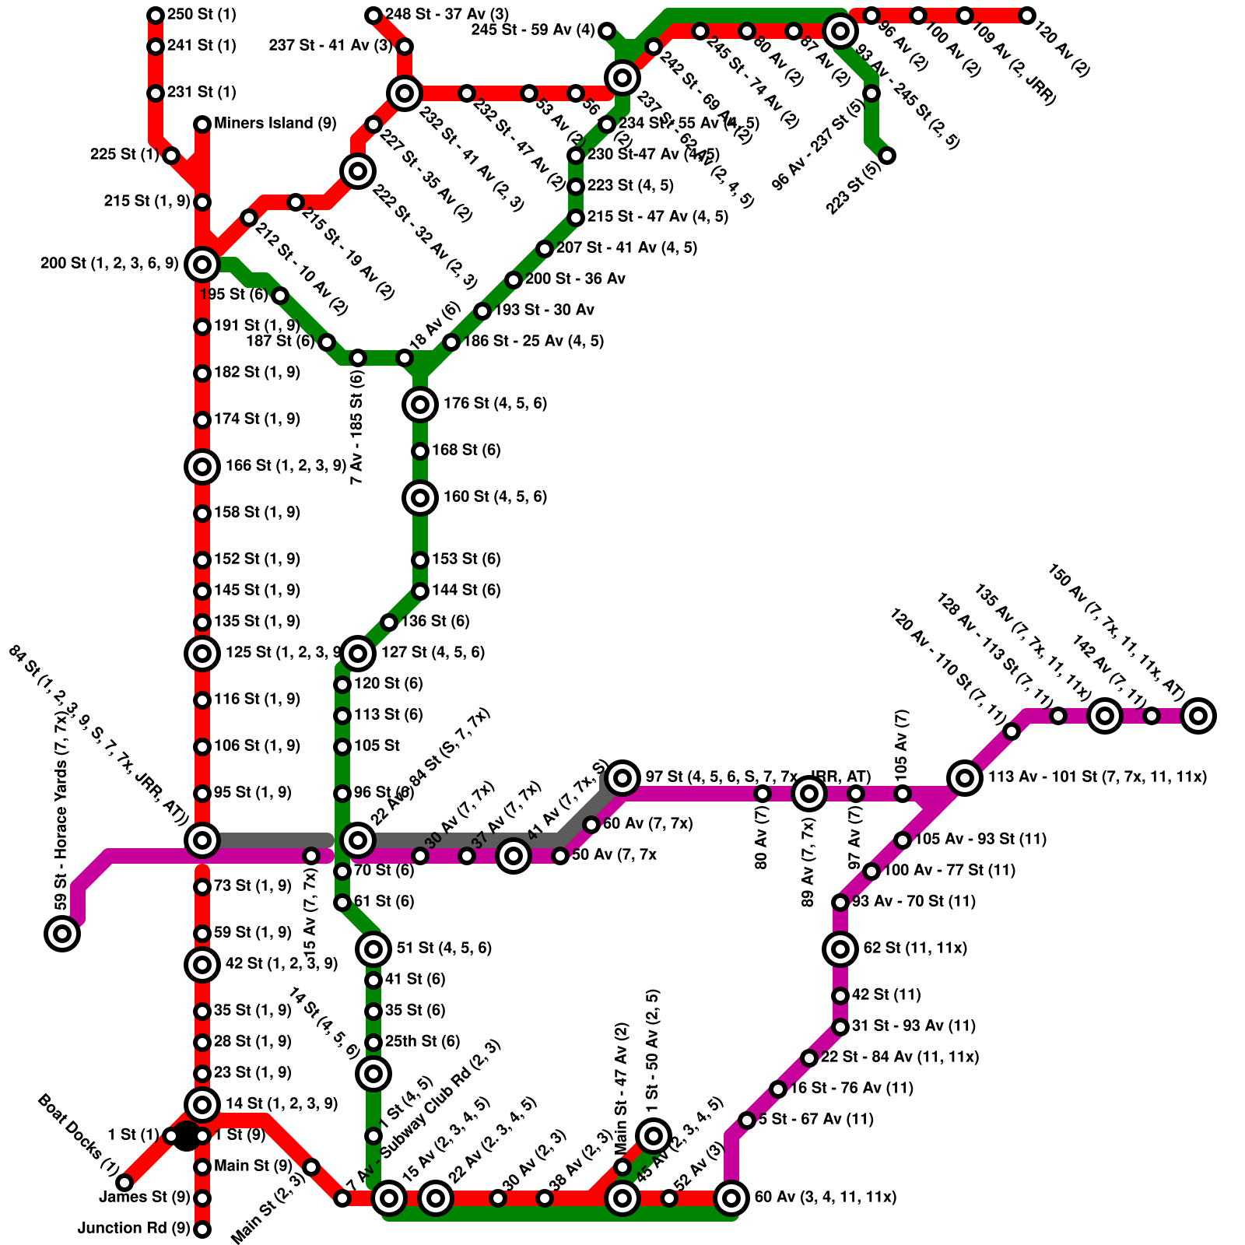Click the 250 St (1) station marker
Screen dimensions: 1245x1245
pyautogui.click(x=156, y=15)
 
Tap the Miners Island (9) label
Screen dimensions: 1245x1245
pyautogui.click(x=275, y=123)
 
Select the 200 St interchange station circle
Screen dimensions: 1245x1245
pyautogui.click(x=202, y=265)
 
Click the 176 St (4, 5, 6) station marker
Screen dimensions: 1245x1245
pyautogui.click(x=420, y=404)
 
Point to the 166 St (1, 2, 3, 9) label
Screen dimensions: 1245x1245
pyautogui.click(x=286, y=466)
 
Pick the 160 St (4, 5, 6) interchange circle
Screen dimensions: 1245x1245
pyautogui.click(x=420, y=497)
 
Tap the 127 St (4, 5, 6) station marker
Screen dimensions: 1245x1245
pyautogui.click(x=358, y=653)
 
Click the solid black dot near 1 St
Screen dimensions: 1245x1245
pyautogui.click(x=186, y=1136)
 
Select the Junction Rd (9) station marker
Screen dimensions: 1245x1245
pyautogui.click(x=202, y=1229)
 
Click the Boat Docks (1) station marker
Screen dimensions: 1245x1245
pyautogui.click(x=124, y=1183)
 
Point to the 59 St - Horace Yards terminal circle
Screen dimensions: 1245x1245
pyautogui.click(x=62, y=933)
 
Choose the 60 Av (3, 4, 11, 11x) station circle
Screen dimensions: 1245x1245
pyautogui.click(x=731, y=1198)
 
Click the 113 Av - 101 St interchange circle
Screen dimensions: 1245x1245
pyautogui.click(x=965, y=777)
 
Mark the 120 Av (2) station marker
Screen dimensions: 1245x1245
pyautogui.click(x=1027, y=15)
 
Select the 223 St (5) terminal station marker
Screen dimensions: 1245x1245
pyautogui.click(x=887, y=155)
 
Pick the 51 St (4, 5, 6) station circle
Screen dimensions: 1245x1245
pyautogui.click(x=373, y=949)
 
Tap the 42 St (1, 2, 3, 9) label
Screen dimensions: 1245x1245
pyautogui.click(x=282, y=964)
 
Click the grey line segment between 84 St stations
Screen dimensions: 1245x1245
pyautogui.click(x=272, y=840)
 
